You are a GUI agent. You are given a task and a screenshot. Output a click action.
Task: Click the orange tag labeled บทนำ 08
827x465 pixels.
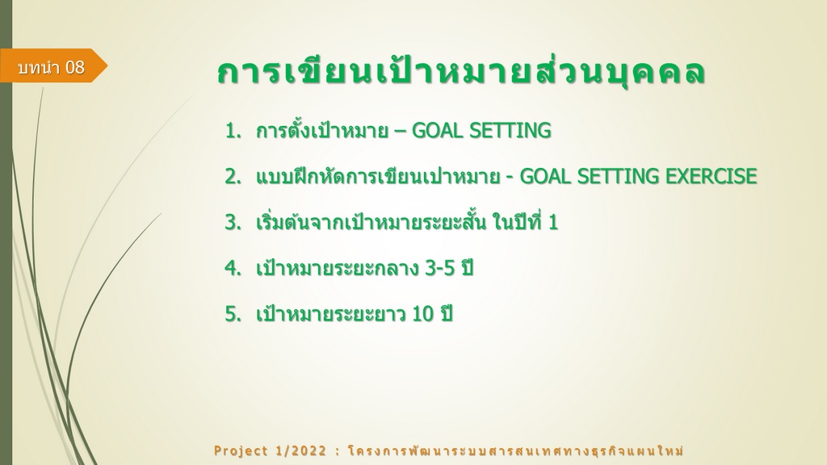pos(52,65)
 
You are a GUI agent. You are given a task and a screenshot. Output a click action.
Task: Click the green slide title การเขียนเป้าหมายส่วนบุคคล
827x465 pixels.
pos(461,72)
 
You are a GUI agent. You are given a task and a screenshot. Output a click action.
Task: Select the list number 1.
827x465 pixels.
pos(233,131)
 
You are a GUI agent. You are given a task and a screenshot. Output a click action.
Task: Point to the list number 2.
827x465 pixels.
pos(233,177)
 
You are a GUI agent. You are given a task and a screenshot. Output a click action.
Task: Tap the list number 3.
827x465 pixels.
pos(233,223)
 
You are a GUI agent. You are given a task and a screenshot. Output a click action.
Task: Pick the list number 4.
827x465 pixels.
pos(233,268)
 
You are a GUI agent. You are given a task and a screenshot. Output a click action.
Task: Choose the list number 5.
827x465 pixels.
pos(233,314)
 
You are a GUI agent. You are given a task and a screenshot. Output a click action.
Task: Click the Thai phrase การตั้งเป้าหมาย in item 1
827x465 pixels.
pos(321,131)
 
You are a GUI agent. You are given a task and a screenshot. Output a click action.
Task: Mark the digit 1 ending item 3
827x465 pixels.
pos(552,223)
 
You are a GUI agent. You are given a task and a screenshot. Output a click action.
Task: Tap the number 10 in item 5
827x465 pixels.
pos(422,314)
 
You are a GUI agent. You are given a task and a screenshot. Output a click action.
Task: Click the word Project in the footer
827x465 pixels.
pos(241,451)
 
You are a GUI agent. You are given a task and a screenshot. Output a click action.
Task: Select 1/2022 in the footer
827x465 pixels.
pos(301,451)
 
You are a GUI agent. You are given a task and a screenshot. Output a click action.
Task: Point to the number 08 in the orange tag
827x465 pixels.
pos(75,67)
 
